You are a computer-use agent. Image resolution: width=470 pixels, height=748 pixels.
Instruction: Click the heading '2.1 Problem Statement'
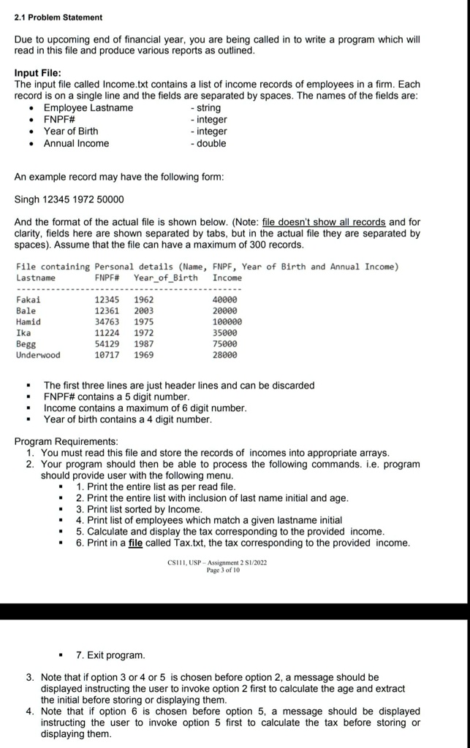point(58,17)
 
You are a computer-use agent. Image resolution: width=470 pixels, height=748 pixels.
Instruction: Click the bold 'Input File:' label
point(39,73)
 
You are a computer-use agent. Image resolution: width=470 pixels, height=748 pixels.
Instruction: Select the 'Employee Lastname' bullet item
point(88,108)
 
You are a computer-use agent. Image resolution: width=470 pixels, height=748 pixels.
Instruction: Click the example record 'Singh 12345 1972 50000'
point(69,199)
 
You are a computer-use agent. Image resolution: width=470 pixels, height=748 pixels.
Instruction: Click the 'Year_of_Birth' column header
point(165,278)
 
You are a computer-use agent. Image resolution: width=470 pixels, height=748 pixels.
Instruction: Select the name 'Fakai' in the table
point(29,299)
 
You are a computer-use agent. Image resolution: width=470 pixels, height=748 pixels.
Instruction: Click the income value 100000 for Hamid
point(226,321)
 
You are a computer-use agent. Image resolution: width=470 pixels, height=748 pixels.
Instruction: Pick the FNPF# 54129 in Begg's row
point(108,344)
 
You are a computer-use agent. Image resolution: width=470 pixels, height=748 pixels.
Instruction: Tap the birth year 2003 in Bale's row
point(143,310)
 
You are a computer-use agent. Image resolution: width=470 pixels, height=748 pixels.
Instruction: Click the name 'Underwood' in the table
point(38,355)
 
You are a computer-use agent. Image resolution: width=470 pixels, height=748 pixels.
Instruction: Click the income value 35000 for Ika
point(224,333)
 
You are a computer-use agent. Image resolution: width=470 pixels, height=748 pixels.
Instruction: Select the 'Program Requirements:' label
point(66,441)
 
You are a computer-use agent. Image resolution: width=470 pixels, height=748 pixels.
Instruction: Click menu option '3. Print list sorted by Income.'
point(139,509)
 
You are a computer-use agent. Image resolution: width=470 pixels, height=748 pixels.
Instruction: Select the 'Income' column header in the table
point(227,278)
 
